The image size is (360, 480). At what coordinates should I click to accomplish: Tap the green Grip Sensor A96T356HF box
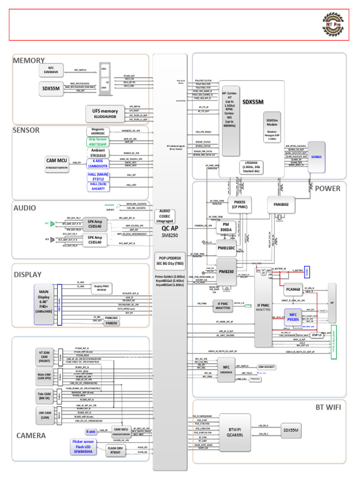98,142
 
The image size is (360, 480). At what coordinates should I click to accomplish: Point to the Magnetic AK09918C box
98,131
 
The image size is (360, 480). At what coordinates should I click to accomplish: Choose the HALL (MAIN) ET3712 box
98,177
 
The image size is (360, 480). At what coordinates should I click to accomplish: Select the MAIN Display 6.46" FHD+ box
44,304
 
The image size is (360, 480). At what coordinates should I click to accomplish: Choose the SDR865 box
317,157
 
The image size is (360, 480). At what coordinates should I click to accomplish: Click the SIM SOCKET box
266,367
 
